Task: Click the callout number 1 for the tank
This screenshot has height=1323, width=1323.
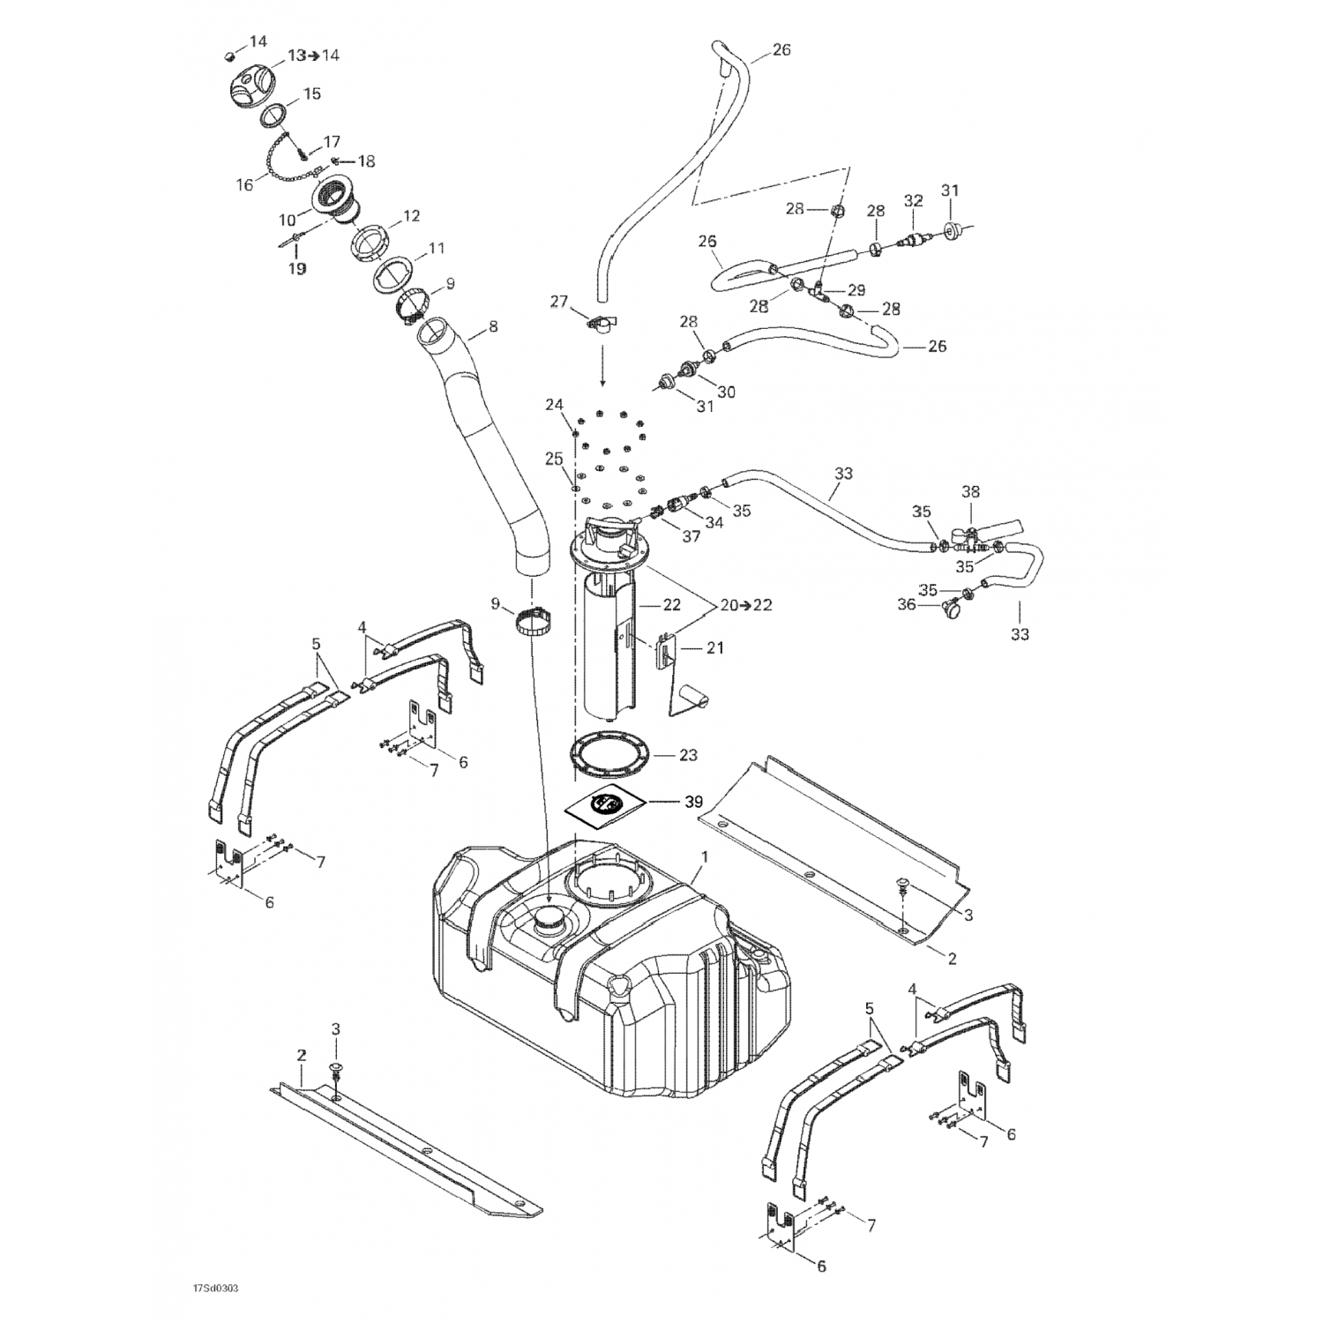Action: point(705,856)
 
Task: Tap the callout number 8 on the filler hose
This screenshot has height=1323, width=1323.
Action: point(492,326)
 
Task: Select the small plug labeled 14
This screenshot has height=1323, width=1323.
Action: point(229,56)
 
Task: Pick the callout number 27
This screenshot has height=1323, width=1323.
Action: point(559,302)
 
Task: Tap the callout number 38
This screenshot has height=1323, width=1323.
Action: point(970,492)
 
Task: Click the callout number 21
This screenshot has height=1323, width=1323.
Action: point(714,648)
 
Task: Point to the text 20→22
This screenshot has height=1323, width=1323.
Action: point(745,605)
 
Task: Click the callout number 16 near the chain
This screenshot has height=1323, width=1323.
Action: point(244,185)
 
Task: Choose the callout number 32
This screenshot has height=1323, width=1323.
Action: point(913,201)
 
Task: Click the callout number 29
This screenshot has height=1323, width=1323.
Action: point(856,290)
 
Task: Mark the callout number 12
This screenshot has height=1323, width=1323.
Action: point(411,216)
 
